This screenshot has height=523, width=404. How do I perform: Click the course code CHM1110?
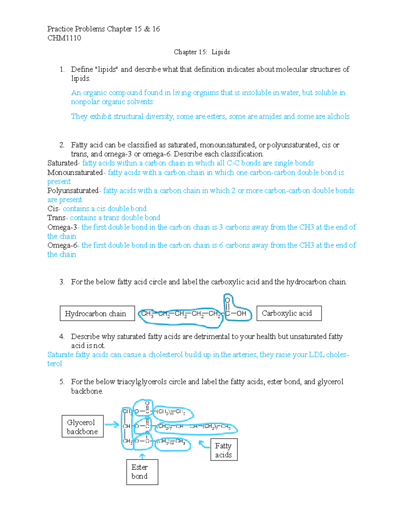pyautogui.click(x=64, y=38)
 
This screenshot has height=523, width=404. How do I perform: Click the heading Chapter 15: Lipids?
pyautogui.click(x=202, y=52)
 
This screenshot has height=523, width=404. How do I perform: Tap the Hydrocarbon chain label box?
pyautogui.click(x=97, y=314)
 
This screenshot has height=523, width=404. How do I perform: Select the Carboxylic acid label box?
pyautogui.click(x=289, y=313)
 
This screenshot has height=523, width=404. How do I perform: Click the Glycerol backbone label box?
pyautogui.click(x=82, y=427)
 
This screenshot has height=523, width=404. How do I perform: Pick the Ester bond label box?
pyautogui.click(x=142, y=472)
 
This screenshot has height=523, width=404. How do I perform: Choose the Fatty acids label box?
pyautogui.click(x=224, y=450)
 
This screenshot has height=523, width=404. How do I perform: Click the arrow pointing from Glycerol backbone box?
pyautogui.click(x=112, y=425)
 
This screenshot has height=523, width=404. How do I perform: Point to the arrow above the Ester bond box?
pyautogui.click(x=142, y=456)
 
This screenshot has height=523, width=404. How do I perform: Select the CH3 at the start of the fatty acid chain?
pyautogui.click(x=147, y=314)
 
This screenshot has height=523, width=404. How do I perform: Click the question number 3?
pyautogui.click(x=62, y=282)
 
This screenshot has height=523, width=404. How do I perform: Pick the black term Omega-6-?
pyautogui.click(x=63, y=245)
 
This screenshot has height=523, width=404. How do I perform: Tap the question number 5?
pyautogui.click(x=62, y=382)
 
